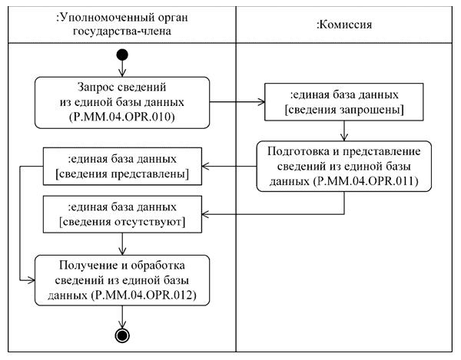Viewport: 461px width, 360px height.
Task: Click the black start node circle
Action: (x=123, y=55)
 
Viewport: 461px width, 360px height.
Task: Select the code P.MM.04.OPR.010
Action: (x=123, y=117)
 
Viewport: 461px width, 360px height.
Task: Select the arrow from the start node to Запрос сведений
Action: (x=123, y=68)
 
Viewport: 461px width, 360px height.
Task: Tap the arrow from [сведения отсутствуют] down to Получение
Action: (x=123, y=243)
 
